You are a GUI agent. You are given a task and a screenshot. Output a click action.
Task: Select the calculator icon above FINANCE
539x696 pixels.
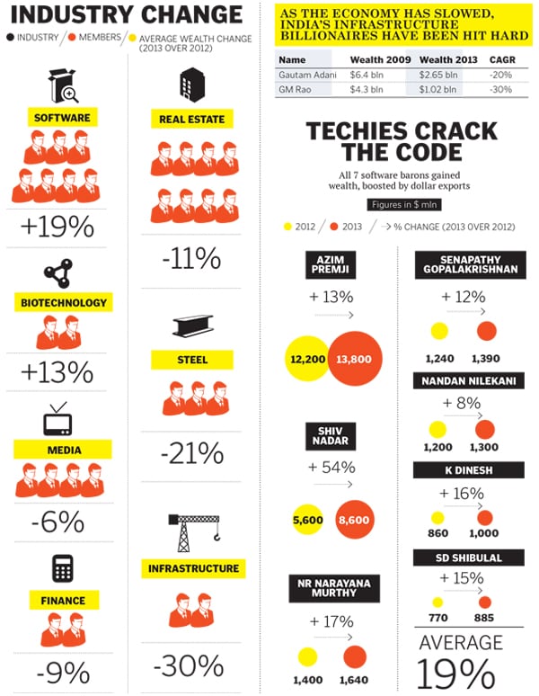(62, 568)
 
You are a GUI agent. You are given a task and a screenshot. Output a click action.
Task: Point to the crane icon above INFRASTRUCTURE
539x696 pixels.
(192, 531)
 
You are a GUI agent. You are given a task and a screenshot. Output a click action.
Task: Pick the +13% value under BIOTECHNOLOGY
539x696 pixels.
(57, 371)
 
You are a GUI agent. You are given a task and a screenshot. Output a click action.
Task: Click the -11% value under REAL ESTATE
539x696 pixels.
(191, 259)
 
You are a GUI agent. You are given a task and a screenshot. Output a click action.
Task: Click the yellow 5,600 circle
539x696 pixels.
(306, 519)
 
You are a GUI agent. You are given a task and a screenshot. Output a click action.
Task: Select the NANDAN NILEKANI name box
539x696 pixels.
(469, 381)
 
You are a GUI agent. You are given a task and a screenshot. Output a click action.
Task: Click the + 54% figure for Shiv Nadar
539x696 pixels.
(331, 468)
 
